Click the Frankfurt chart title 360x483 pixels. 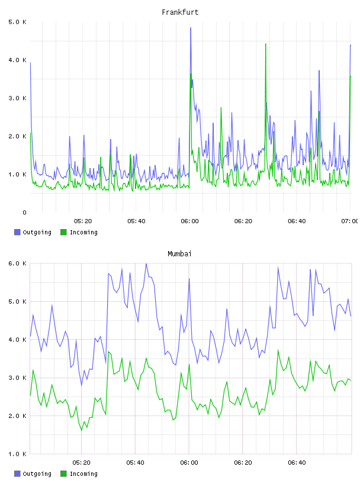[x=180, y=12]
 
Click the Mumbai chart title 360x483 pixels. [x=179, y=254]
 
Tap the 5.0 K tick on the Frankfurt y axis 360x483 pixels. [x=17, y=22]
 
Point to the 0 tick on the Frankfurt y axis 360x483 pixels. [x=24, y=212]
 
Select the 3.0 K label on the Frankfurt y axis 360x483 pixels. [x=17, y=98]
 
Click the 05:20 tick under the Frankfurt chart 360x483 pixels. [x=83, y=221]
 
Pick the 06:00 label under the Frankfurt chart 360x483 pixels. [x=189, y=221]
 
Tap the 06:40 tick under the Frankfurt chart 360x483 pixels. [x=297, y=221]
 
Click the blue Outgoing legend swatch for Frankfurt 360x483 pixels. [x=17, y=232]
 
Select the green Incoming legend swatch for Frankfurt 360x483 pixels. [x=63, y=232]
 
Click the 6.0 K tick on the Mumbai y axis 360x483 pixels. [x=17, y=263]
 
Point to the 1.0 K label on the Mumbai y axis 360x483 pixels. [x=17, y=454]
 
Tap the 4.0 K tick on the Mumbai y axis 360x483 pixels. [x=17, y=340]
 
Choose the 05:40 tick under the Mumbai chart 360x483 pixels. [x=135, y=463]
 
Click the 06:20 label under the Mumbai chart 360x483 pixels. [x=243, y=463]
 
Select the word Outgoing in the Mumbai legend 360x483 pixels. [x=37, y=474]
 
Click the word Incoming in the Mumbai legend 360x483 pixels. [x=83, y=474]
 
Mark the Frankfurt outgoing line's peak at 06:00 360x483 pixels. [x=191, y=28]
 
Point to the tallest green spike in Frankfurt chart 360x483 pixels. [x=266, y=44]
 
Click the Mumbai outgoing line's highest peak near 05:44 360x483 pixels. [x=146, y=263]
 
